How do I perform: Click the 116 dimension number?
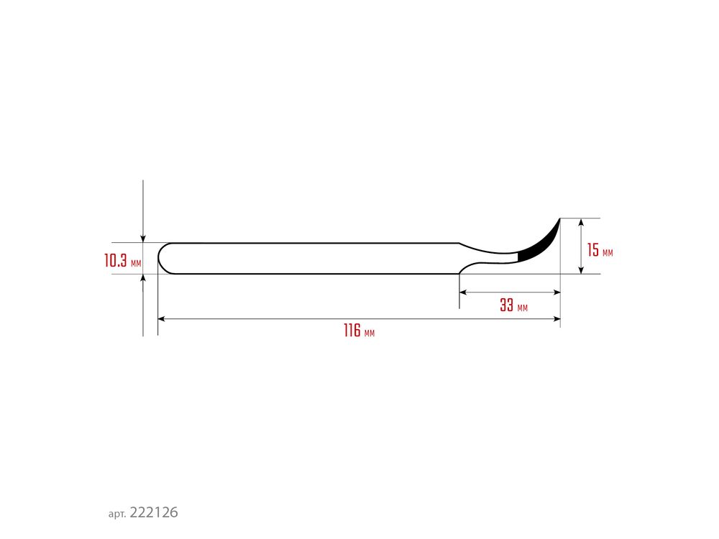(352, 331)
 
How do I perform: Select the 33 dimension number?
(507, 305)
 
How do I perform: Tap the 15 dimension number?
(593, 250)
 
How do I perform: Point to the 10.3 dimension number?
(116, 260)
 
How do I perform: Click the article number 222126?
(154, 512)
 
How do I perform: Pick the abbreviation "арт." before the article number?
(117, 515)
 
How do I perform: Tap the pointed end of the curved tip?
(560, 218)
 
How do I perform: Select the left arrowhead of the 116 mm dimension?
(161, 319)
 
